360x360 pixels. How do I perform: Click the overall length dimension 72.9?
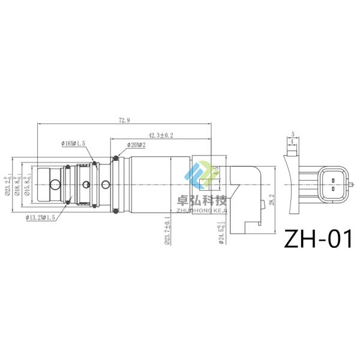(x=124, y=120)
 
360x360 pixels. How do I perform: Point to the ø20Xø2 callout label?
(x=137, y=145)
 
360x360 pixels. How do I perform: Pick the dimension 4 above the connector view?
(x=292, y=142)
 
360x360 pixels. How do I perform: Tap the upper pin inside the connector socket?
(x=329, y=178)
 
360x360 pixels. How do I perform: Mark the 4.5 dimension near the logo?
(x=216, y=170)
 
